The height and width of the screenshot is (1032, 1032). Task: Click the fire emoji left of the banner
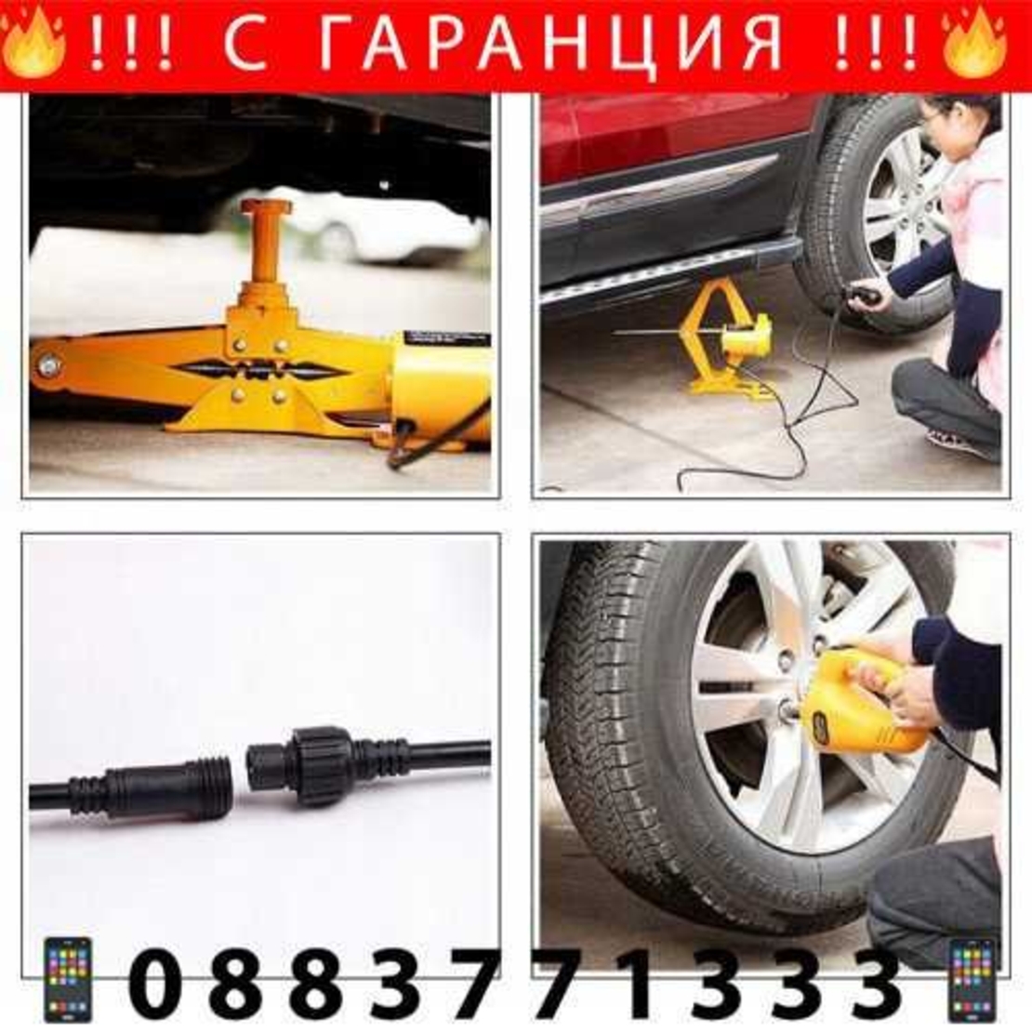click(33, 44)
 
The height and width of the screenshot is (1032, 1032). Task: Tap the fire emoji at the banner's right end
click(973, 44)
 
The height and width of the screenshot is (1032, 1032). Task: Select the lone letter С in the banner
click(245, 44)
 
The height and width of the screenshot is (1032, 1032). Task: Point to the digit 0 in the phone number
click(155, 982)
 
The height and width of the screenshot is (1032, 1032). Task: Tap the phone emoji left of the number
click(68, 980)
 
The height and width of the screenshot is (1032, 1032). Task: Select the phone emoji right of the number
click(972, 980)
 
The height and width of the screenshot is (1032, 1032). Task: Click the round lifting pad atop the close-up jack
click(266, 206)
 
